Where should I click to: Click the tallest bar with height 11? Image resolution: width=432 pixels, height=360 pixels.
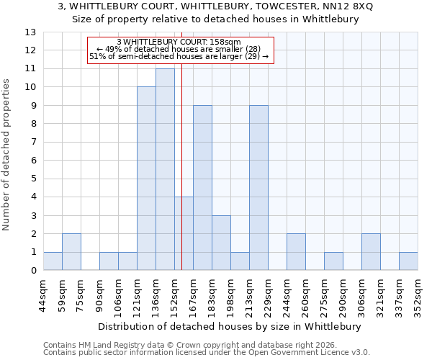point(165,169)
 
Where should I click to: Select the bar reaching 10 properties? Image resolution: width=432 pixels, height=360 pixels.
point(146,179)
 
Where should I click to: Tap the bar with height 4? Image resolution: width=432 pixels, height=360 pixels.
point(184,233)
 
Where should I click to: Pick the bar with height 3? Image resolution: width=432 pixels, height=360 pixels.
point(221,243)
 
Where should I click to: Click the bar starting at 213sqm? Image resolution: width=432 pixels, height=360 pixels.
point(258,188)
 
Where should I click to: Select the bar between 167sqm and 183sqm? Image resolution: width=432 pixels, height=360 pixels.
point(202,188)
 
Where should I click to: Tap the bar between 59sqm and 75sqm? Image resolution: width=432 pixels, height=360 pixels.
point(71,252)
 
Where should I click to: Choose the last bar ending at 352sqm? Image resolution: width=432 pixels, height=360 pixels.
point(408,261)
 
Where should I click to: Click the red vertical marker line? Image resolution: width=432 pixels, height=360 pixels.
point(182,144)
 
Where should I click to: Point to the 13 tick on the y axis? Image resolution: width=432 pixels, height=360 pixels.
point(30,32)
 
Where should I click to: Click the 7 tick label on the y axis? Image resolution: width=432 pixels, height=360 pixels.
point(30,143)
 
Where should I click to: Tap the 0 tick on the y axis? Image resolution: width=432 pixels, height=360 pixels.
point(30,271)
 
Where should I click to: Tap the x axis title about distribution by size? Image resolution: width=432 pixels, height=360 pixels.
point(229,326)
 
